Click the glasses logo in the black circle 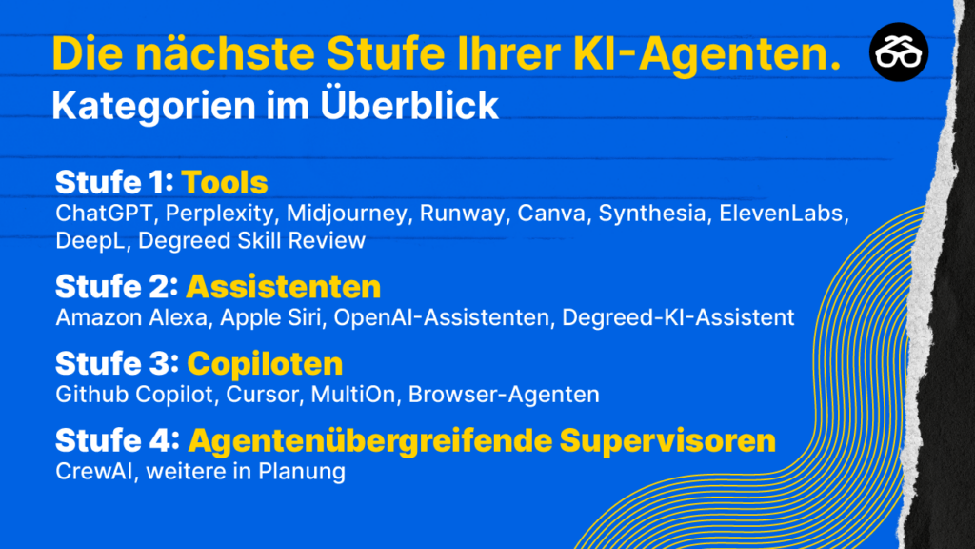899,52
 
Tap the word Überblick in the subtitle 409,104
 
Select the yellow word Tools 225,182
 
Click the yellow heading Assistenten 284,287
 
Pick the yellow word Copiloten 265,363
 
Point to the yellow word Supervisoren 667,440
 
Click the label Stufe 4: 117,440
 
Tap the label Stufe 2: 117,287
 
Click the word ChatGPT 104,213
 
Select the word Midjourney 347,213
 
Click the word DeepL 90,241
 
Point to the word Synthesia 652,213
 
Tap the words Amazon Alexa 131,317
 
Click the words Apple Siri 270,318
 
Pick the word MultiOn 352,395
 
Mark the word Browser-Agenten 504,395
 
